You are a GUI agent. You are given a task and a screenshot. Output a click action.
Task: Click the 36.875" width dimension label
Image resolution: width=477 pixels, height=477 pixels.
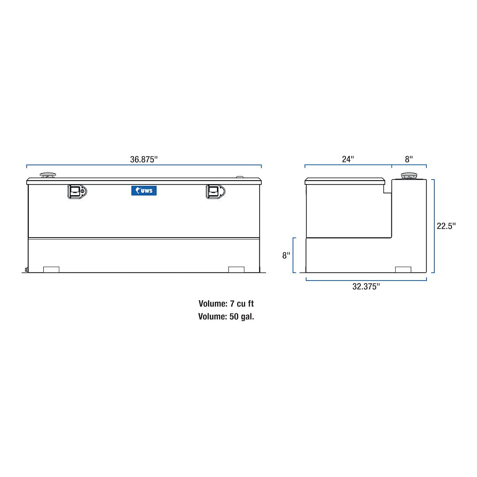[x=144, y=159]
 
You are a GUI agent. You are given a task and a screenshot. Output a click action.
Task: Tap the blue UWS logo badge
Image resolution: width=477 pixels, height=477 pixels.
[x=144, y=190]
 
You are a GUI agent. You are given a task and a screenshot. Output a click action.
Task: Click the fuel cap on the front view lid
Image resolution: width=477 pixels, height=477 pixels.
[x=48, y=175]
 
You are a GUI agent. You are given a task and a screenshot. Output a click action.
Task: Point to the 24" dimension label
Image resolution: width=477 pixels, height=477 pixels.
[x=348, y=159]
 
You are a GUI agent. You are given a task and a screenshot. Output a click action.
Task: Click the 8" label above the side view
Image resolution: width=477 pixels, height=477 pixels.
[x=409, y=159]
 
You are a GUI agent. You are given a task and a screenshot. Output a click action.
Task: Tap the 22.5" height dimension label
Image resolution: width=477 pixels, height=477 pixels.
[x=446, y=226]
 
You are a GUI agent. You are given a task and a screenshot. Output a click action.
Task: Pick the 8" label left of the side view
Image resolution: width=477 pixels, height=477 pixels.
[x=286, y=255]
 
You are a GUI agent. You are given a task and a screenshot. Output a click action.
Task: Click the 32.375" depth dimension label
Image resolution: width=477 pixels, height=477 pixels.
[x=366, y=287]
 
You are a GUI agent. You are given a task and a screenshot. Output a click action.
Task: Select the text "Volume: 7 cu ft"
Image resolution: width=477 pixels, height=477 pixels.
[x=226, y=304]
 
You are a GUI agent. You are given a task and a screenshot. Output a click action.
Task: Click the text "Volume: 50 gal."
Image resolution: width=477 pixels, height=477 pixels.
[x=226, y=316]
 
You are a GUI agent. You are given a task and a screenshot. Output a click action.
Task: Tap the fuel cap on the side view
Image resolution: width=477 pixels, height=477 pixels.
[x=409, y=176]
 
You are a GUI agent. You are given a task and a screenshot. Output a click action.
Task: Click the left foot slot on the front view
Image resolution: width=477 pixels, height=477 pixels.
[x=51, y=269]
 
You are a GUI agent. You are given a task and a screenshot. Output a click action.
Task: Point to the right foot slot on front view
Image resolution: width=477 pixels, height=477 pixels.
[x=236, y=269]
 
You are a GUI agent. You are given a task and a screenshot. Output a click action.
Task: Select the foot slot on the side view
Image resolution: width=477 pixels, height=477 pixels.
[x=403, y=269]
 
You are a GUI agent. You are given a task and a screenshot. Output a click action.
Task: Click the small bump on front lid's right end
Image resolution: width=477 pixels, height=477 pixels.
[x=240, y=177]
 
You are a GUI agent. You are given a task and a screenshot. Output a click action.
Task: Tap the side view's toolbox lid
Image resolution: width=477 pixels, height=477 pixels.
[x=344, y=181]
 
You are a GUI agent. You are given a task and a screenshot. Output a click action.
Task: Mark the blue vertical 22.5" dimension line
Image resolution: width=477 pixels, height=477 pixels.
[x=434, y=226]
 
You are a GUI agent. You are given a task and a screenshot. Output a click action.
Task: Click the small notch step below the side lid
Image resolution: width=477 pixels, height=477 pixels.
[x=387, y=189]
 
